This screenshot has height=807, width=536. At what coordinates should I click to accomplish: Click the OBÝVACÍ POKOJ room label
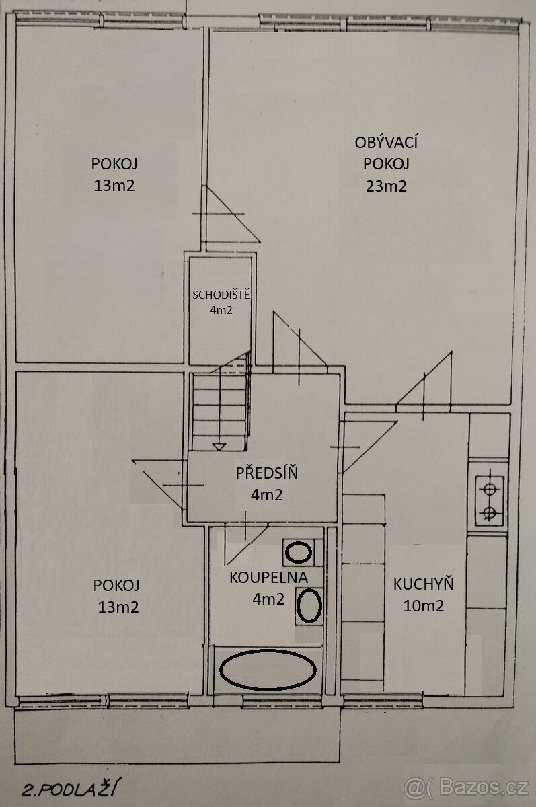[386, 153]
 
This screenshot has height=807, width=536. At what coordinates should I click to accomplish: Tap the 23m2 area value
[386, 186]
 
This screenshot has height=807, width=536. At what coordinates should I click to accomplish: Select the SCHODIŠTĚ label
[221, 295]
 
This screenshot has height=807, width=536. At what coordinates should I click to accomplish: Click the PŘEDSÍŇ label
[267, 473]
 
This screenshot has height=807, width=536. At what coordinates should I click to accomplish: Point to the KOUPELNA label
[269, 578]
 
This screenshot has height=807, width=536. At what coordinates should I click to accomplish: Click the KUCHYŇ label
[423, 584]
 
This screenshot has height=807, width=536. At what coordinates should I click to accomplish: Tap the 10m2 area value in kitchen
[423, 606]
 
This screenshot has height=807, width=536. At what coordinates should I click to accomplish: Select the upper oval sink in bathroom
[298, 552]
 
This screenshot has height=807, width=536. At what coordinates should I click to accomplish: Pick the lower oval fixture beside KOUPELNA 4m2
[309, 605]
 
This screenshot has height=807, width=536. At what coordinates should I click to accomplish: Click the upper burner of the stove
[488, 490]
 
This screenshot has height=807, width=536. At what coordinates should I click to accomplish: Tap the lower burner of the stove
[488, 512]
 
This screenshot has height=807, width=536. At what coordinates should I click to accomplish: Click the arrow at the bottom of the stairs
[219, 447]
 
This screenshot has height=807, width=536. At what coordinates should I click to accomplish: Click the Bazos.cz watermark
[467, 789]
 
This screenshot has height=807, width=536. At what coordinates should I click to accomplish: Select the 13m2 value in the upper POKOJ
[114, 186]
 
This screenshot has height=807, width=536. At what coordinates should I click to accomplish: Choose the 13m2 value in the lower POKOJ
[118, 607]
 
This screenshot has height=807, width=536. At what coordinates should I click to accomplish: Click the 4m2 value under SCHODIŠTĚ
[221, 310]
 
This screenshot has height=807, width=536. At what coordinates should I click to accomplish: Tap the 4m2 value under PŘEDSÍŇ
[267, 495]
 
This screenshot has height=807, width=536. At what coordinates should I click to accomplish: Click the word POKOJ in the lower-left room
[116, 586]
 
